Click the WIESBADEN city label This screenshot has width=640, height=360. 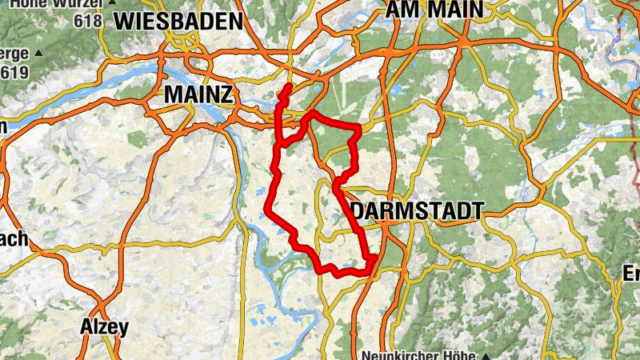pyautogui.click(x=178, y=22)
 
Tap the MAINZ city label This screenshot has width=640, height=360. pyautogui.click(x=198, y=94)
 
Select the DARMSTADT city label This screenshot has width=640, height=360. pyautogui.click(x=417, y=211)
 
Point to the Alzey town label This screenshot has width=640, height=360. pyautogui.click(x=104, y=326)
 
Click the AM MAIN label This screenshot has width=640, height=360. pyautogui.click(x=434, y=9)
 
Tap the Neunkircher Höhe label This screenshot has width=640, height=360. pyautogui.click(x=418, y=355)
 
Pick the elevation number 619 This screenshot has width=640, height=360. pyautogui.click(x=14, y=73)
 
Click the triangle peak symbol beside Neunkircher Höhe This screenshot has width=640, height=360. pyautogui.click(x=484, y=355)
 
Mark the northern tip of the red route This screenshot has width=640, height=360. pyautogui.click(x=288, y=84)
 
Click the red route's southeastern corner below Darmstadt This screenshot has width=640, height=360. pyautogui.click(x=373, y=258)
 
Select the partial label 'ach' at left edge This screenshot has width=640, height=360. pyautogui.click(x=14, y=238)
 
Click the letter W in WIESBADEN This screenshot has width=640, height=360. pyautogui.click(x=125, y=22)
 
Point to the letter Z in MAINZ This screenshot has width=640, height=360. pyautogui.click(x=226, y=94)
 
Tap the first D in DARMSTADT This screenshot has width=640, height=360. pyautogui.click(x=358, y=211)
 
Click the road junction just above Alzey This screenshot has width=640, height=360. pyautogui.click(x=102, y=306)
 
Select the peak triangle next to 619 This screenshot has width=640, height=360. pyautogui.click(x=38, y=54)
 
